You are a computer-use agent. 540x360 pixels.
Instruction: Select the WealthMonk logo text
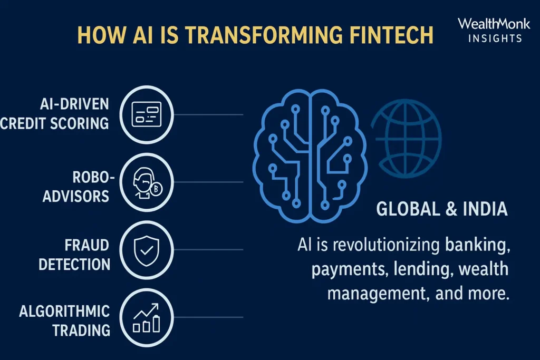[490, 24]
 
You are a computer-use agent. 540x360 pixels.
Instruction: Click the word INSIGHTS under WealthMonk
[490, 38]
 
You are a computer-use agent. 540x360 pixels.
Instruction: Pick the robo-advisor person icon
[146, 182]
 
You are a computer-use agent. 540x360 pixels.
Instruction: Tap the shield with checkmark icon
[146, 249]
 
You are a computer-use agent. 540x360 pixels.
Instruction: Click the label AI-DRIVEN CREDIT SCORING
[55, 114]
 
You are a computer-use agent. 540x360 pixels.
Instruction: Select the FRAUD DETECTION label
[74, 254]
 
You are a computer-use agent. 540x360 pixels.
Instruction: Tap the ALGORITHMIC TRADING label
[65, 320]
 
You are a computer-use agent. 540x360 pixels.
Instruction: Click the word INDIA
[486, 209]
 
